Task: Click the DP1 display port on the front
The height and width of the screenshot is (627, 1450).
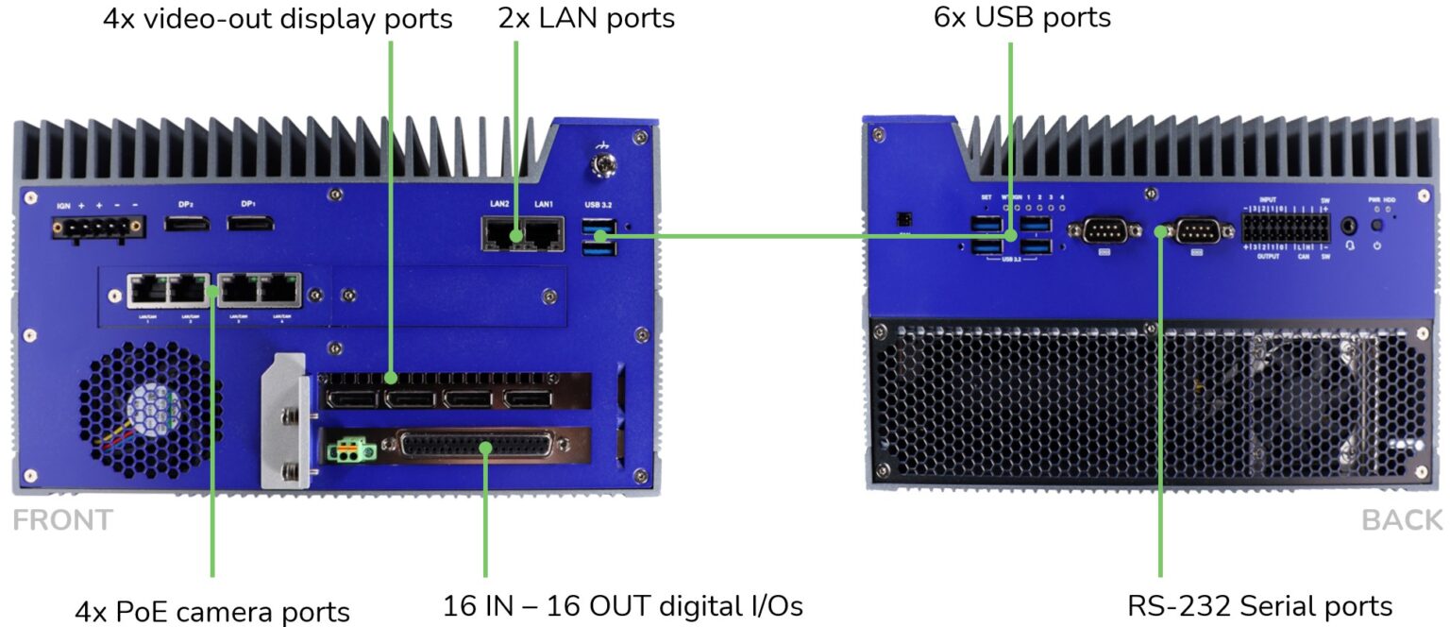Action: pyautogui.click(x=250, y=224)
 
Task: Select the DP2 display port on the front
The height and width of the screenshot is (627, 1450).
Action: pyautogui.click(x=188, y=224)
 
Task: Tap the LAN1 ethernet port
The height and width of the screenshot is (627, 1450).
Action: pyautogui.click(x=544, y=234)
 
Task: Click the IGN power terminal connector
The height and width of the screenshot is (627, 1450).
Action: pyautogui.click(x=99, y=226)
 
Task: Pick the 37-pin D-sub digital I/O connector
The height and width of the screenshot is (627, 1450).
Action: pyautogui.click(x=481, y=448)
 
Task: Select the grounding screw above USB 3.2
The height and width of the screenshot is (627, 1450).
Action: pyautogui.click(x=600, y=167)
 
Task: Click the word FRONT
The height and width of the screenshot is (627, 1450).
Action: pyautogui.click(x=62, y=520)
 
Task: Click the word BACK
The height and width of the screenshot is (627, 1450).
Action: pyautogui.click(x=1402, y=520)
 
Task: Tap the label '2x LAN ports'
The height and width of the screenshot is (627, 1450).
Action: pyautogui.click(x=586, y=18)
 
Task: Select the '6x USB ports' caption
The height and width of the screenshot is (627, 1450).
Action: pyautogui.click(x=1021, y=18)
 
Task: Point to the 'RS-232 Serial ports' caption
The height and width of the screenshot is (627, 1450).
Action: pyautogui.click(x=1259, y=605)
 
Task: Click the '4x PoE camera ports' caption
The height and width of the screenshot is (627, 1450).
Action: pyautogui.click(x=212, y=611)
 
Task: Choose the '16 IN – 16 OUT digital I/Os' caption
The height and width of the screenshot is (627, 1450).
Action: pyautogui.click(x=622, y=605)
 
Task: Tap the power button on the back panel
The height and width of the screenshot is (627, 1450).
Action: pyautogui.click(x=1377, y=227)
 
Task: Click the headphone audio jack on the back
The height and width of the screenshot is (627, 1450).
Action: pyautogui.click(x=1349, y=227)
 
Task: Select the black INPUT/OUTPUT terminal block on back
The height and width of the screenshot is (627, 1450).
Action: pyautogui.click(x=1285, y=228)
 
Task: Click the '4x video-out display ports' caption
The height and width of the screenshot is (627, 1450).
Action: pyautogui.click(x=278, y=18)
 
